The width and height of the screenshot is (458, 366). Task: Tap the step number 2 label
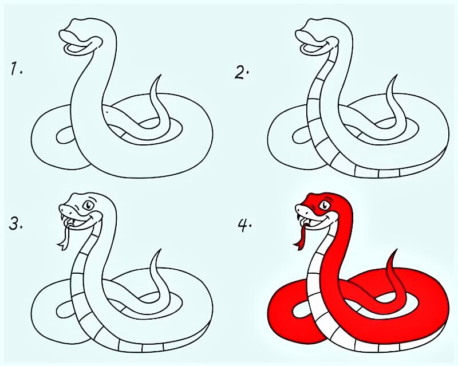(x=242, y=73)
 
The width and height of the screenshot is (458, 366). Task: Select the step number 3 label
(x=15, y=225)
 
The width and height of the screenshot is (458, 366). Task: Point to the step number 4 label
(x=244, y=226)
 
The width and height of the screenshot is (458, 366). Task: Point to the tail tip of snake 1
(x=160, y=76)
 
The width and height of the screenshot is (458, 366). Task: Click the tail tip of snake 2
(x=397, y=76)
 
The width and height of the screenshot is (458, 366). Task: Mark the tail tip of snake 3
(x=160, y=250)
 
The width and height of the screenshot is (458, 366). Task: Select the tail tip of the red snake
(x=397, y=250)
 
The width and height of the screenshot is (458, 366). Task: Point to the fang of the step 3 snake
(x=62, y=218)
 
